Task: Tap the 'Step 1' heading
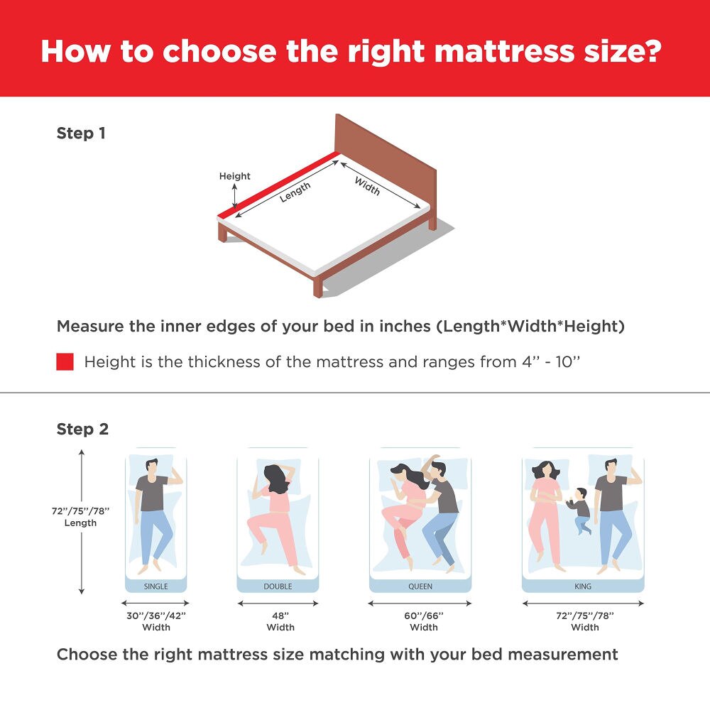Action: click(x=81, y=133)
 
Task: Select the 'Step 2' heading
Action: click(x=82, y=430)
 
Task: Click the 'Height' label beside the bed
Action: click(x=234, y=176)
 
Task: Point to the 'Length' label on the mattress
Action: click(x=295, y=192)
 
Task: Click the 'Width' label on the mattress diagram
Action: click(x=367, y=186)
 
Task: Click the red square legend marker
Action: click(x=65, y=362)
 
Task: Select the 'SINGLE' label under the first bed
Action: click(x=156, y=586)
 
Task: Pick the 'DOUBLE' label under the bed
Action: click(x=278, y=586)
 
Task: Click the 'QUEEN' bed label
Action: click(x=420, y=586)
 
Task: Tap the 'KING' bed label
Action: click(x=583, y=586)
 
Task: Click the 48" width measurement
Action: click(x=280, y=616)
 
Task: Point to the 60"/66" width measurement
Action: click(x=424, y=616)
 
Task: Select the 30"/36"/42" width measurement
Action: click(x=156, y=616)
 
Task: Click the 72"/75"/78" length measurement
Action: click(x=80, y=511)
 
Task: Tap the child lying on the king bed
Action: click(x=581, y=510)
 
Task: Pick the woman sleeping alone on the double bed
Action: click(x=273, y=515)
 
